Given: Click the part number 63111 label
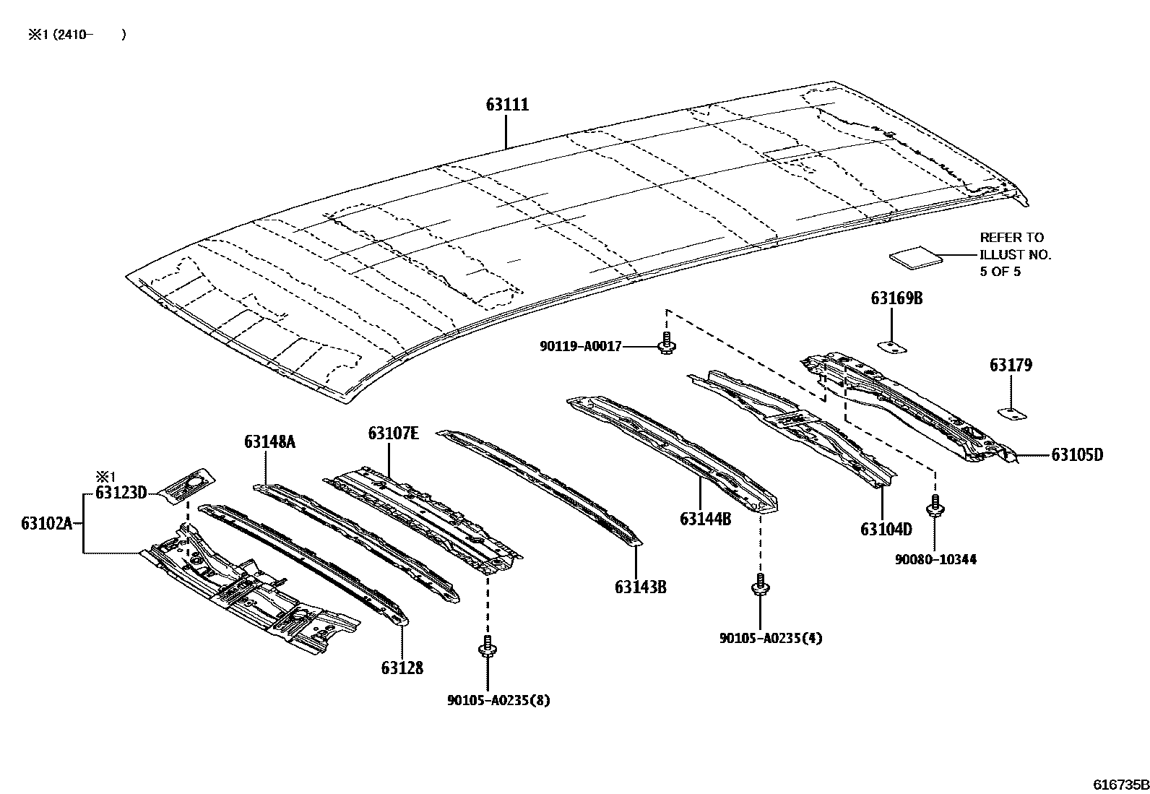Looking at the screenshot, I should (506, 105).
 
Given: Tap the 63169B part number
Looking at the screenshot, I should (896, 299).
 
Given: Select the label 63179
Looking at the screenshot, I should (1011, 366).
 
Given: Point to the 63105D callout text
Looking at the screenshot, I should (1076, 455).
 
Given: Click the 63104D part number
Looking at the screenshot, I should (886, 530).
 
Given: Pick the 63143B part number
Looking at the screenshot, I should (640, 587).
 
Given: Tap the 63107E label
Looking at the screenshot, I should (393, 433).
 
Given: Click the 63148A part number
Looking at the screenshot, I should (269, 441).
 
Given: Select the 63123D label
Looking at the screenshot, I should (121, 493).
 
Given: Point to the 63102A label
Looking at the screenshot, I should (47, 523).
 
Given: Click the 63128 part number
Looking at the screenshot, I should (402, 668).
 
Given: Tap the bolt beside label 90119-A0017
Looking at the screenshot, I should (667, 345).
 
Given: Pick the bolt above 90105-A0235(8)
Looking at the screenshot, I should (488, 647).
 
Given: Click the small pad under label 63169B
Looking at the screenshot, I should (894, 347).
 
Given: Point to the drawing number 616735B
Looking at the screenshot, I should (1120, 785).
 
